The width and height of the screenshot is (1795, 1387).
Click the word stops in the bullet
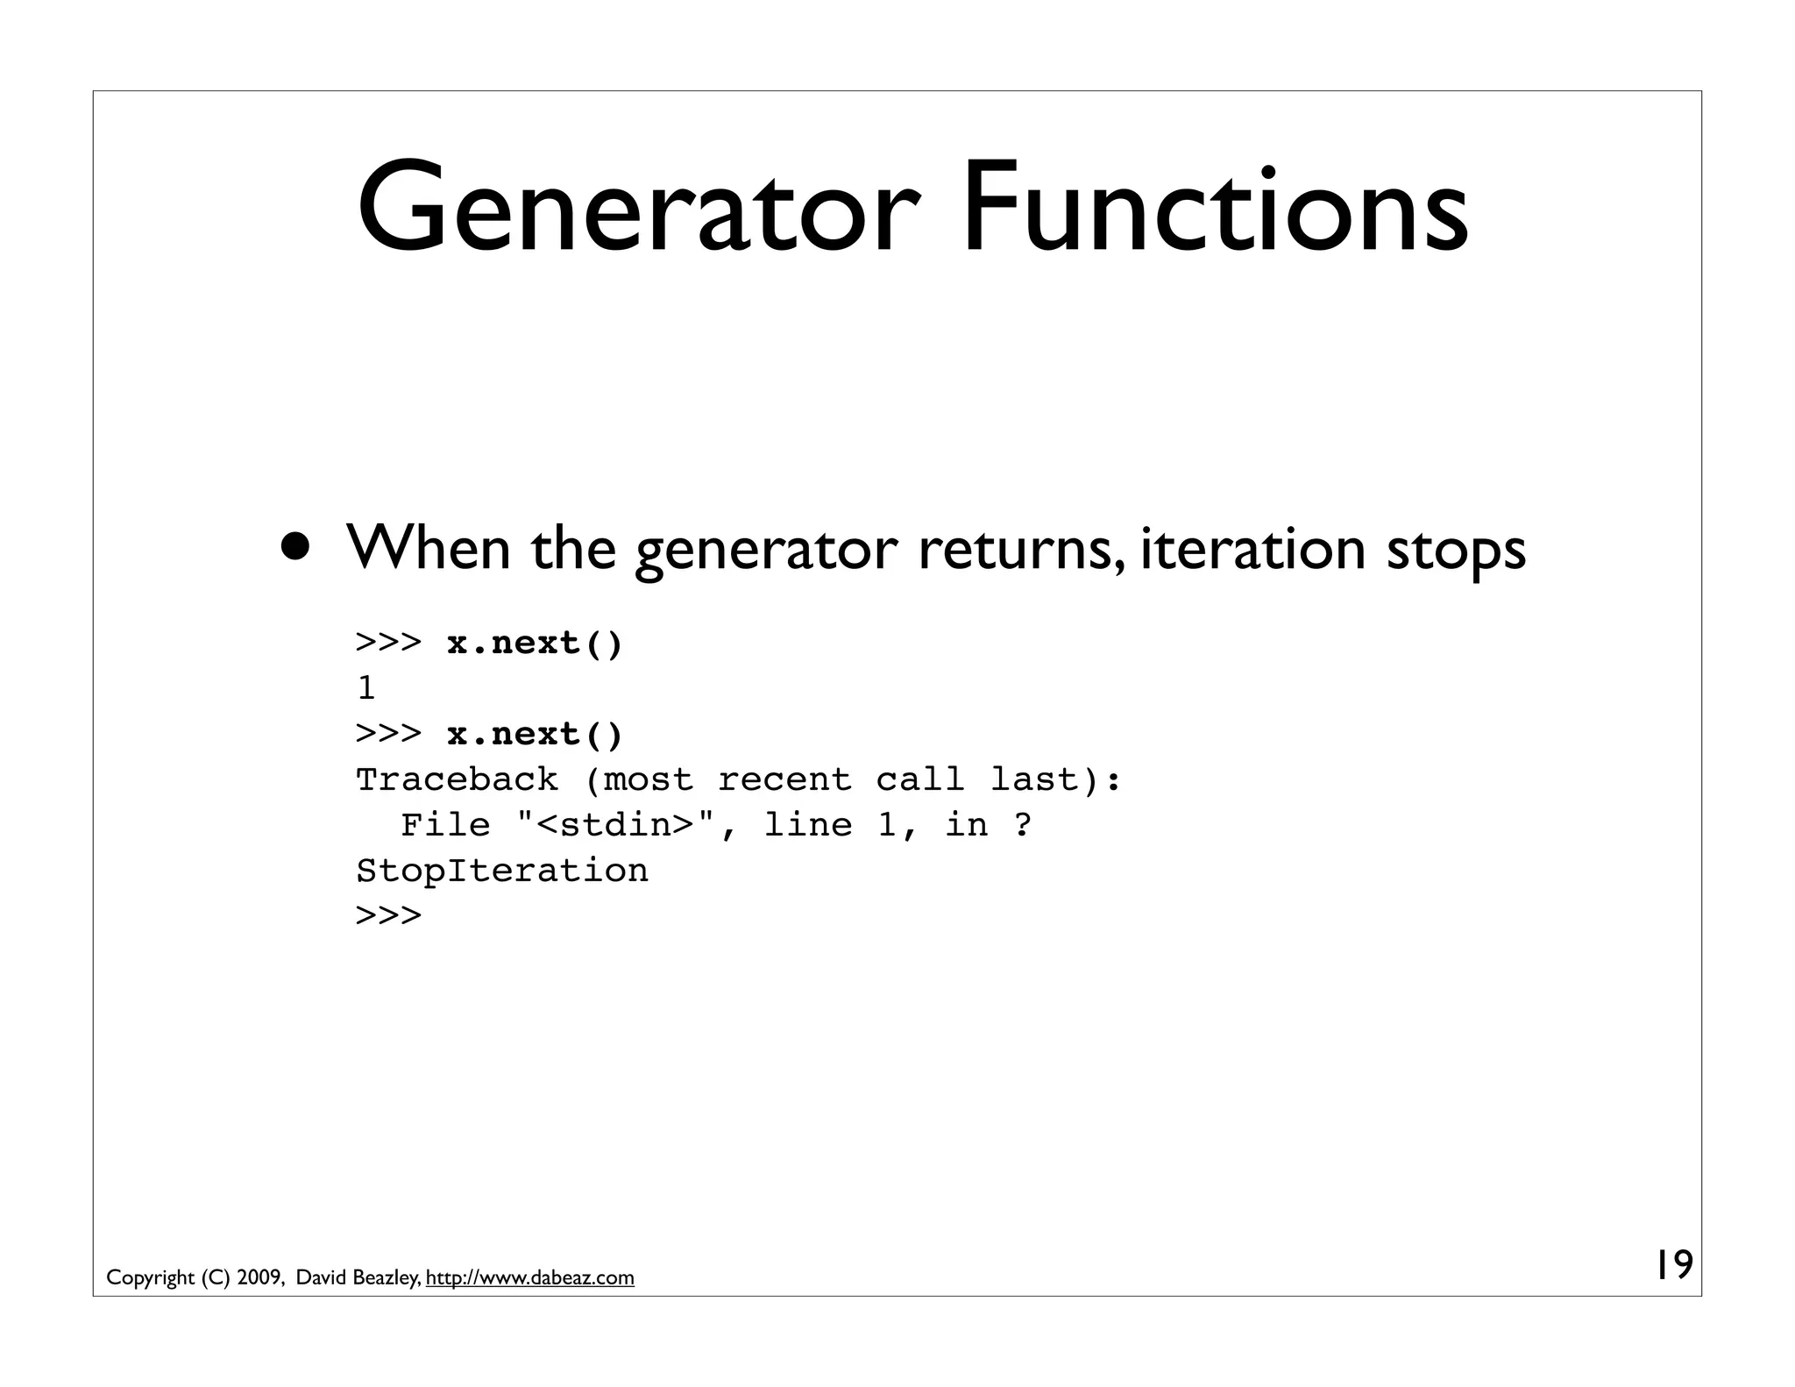1456,550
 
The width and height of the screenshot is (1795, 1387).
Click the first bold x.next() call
535,644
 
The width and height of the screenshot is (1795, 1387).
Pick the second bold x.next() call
535,734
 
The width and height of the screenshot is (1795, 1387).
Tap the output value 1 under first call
366,688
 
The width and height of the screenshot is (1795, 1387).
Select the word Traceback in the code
457,779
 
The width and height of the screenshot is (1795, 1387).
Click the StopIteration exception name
502,871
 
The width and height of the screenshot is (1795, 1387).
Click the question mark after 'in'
1022,825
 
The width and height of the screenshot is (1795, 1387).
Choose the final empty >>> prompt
388,915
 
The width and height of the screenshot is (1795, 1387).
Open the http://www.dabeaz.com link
529,1278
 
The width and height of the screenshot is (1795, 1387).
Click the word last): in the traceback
1055,779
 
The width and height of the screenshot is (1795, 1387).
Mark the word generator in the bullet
766,551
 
